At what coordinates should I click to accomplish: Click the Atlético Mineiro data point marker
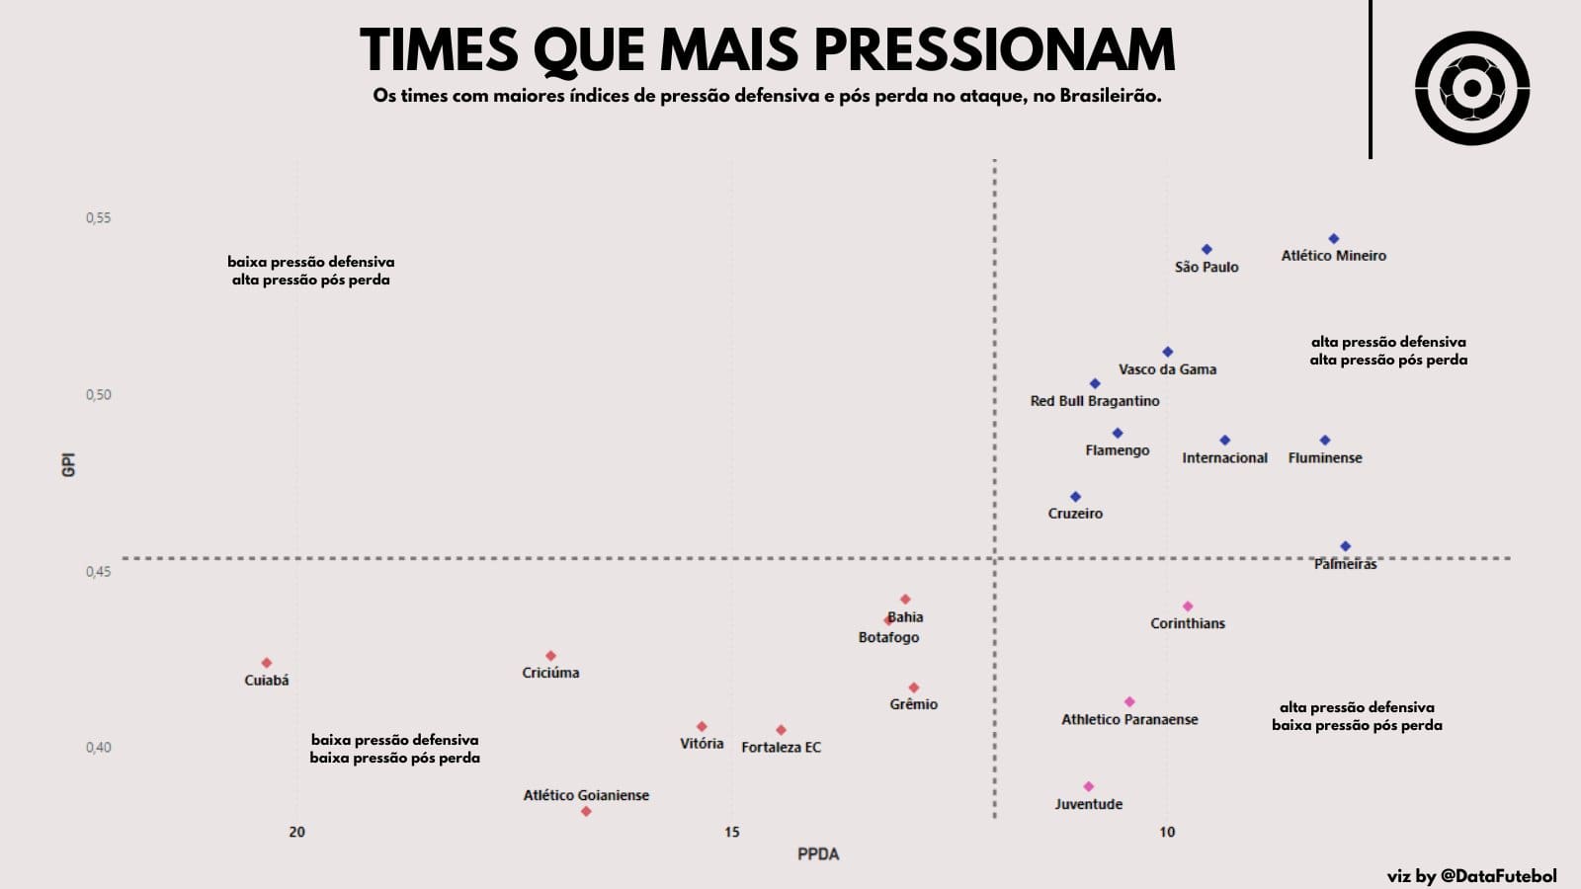click(1333, 239)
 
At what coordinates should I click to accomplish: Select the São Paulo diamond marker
click(1207, 250)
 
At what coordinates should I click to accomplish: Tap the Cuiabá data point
click(267, 663)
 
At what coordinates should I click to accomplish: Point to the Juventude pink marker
click(1089, 787)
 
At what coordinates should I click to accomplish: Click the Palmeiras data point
click(1345, 546)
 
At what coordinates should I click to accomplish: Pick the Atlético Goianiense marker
click(586, 812)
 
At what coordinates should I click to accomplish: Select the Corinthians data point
click(1188, 606)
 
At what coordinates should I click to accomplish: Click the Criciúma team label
click(550, 673)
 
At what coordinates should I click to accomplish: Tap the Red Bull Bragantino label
click(1095, 401)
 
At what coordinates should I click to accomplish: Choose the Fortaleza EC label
click(781, 748)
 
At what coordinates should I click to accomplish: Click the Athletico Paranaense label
click(1129, 720)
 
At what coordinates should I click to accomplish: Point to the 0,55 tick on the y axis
click(99, 217)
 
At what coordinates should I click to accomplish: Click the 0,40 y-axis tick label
click(99, 748)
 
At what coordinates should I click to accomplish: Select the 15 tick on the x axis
click(731, 833)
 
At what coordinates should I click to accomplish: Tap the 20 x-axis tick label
click(296, 833)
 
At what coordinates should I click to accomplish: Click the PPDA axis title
click(818, 854)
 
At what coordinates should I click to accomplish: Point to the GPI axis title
click(69, 465)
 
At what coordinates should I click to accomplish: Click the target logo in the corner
click(1471, 89)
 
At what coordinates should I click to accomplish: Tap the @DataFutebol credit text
click(1498, 876)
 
